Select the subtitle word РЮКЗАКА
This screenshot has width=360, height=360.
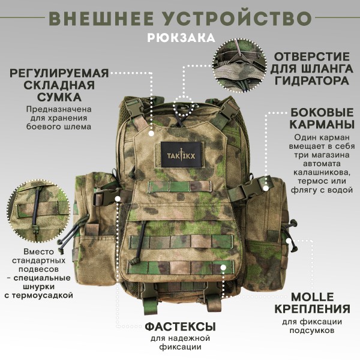pos(180,37)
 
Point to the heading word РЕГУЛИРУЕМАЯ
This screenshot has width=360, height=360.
pos(59,73)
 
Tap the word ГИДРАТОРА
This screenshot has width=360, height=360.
pos(311,80)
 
